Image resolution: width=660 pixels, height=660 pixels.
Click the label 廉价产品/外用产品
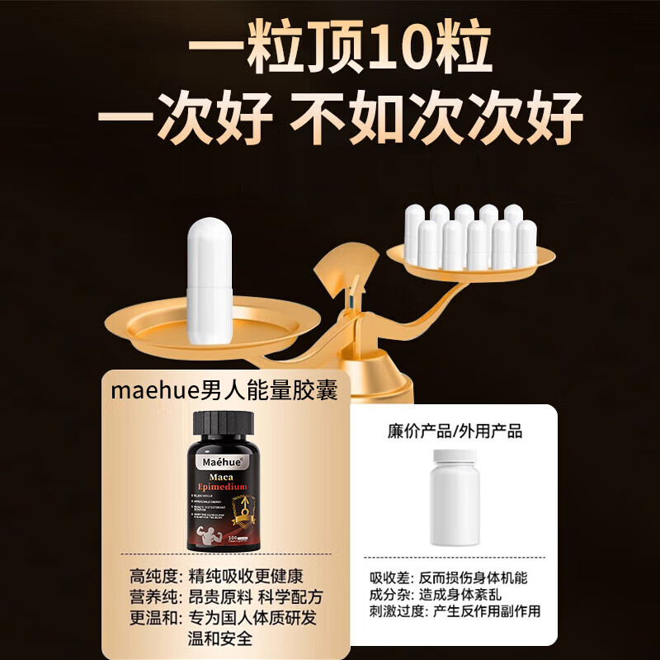(455, 431)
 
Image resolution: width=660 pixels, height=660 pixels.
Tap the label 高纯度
(152, 575)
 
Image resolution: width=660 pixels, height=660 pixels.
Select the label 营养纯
(152, 596)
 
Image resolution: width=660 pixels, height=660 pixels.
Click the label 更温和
(152, 617)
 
